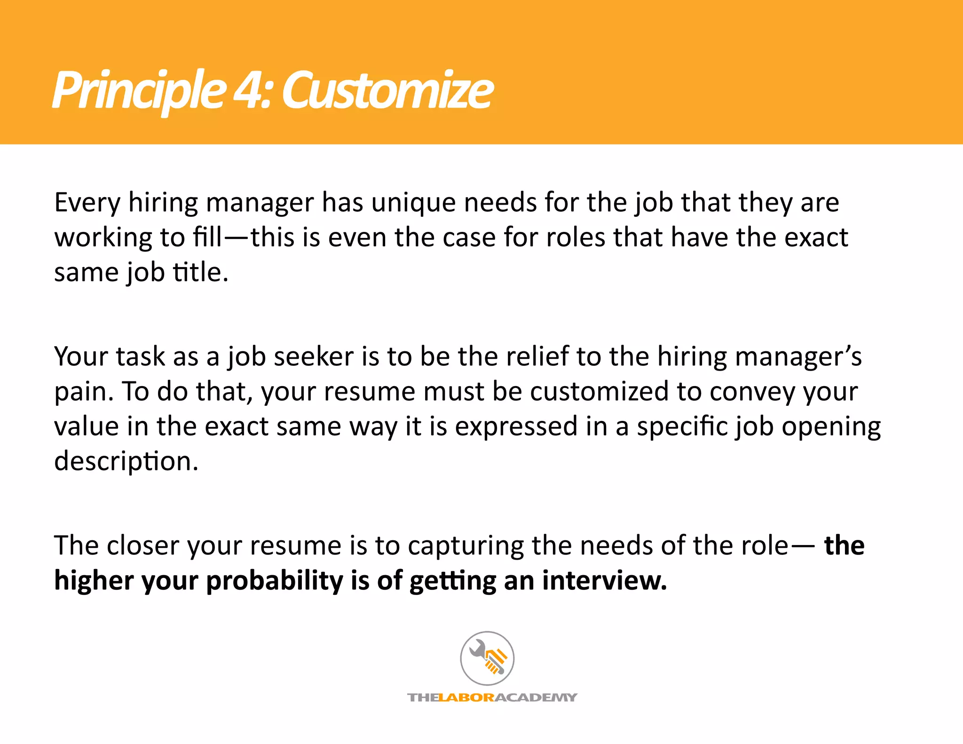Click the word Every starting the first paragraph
[x=87, y=203]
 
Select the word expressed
[x=516, y=427]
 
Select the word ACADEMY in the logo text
[x=536, y=697]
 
